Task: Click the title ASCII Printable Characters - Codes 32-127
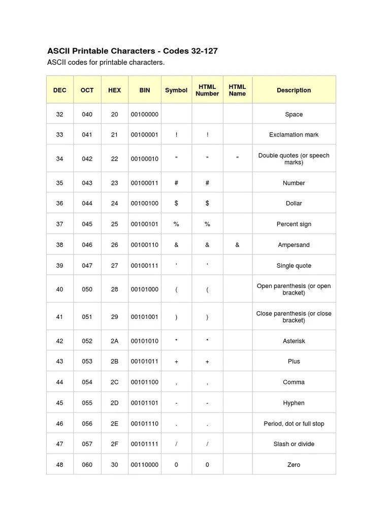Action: click(x=133, y=51)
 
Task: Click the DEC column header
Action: click(x=60, y=90)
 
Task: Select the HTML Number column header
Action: click(x=207, y=90)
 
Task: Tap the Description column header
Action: click(x=294, y=90)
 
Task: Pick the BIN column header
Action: click(x=145, y=90)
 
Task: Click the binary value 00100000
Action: click(x=145, y=114)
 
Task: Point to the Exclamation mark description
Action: click(x=294, y=135)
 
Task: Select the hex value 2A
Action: click(x=114, y=341)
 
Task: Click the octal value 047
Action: click(x=87, y=266)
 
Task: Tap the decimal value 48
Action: click(x=60, y=465)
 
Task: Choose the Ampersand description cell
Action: click(x=294, y=245)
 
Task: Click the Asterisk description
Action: click(x=294, y=341)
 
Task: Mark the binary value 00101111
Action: click(x=145, y=444)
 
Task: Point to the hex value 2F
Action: click(x=114, y=444)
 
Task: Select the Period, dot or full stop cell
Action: click(x=294, y=424)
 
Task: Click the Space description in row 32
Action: click(x=294, y=114)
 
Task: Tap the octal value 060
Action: click(x=87, y=465)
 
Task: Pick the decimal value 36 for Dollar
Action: click(x=60, y=203)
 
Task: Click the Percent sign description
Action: click(x=294, y=224)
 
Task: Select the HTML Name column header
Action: click(x=237, y=90)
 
